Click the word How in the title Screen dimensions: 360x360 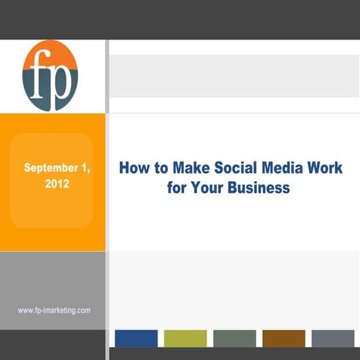[134, 169]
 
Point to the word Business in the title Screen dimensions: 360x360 [258, 188]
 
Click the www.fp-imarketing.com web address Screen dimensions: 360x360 [54, 310]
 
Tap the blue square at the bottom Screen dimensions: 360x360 [137, 338]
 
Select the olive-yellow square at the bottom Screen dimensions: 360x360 [185, 338]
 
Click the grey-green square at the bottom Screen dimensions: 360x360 [234, 338]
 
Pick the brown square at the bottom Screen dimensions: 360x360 [283, 338]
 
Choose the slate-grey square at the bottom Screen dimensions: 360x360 [332, 338]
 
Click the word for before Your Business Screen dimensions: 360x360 [177, 188]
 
